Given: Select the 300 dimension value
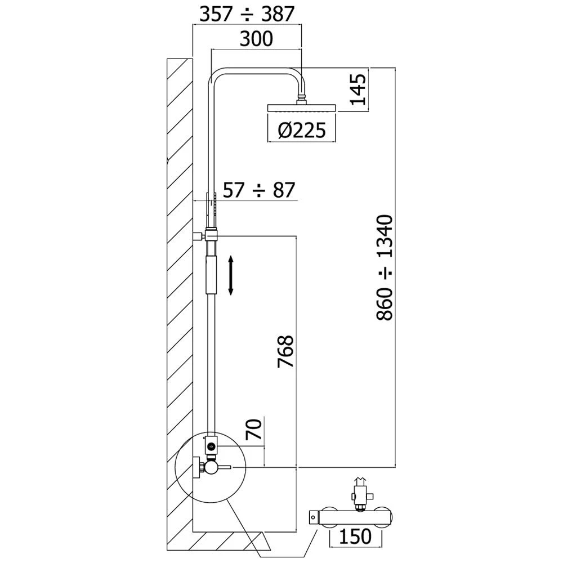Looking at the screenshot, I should (x=256, y=39).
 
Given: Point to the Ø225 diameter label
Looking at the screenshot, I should (x=302, y=131).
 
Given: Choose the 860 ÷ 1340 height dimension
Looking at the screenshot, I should (x=385, y=267).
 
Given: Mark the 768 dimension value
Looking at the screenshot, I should (x=285, y=352).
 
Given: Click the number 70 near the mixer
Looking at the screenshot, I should (x=254, y=430).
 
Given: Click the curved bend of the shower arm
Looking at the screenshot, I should (x=216, y=73).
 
